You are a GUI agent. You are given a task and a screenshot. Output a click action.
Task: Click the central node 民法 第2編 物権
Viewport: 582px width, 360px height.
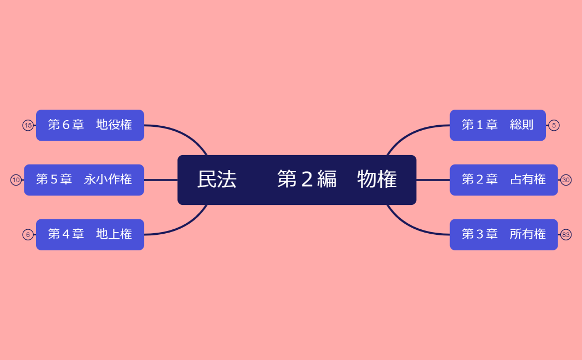click(x=297, y=180)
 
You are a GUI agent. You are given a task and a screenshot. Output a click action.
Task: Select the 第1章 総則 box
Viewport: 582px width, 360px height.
click(x=497, y=125)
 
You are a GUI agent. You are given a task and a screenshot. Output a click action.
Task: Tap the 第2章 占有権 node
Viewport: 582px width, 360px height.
click(x=503, y=180)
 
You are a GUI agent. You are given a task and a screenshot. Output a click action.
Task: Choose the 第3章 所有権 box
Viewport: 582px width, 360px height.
click(x=503, y=235)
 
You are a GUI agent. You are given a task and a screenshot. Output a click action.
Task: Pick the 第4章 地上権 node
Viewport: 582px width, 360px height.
click(x=90, y=235)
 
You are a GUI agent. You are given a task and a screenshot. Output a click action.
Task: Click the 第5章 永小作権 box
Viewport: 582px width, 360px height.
click(x=84, y=180)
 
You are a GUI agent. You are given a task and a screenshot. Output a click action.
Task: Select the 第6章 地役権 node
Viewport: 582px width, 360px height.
click(x=90, y=125)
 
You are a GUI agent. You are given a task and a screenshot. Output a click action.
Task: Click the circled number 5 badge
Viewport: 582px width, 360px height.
click(x=554, y=125)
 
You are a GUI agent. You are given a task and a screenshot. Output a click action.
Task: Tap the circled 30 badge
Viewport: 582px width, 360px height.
click(x=566, y=180)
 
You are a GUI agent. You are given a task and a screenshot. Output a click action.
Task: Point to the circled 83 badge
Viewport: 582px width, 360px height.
click(x=566, y=235)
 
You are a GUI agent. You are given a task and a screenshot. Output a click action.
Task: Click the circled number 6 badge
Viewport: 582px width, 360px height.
click(x=28, y=235)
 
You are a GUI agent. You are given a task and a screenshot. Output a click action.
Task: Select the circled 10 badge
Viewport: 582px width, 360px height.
click(x=16, y=180)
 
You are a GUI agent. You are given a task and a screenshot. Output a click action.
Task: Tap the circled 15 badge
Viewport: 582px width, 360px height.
click(x=28, y=125)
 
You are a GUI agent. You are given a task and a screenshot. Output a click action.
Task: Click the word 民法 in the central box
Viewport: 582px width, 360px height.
click(x=217, y=179)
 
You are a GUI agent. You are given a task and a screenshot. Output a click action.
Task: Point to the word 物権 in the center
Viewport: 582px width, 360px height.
click(x=377, y=179)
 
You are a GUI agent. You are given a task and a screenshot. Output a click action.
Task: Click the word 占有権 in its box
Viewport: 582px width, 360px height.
click(x=528, y=179)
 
